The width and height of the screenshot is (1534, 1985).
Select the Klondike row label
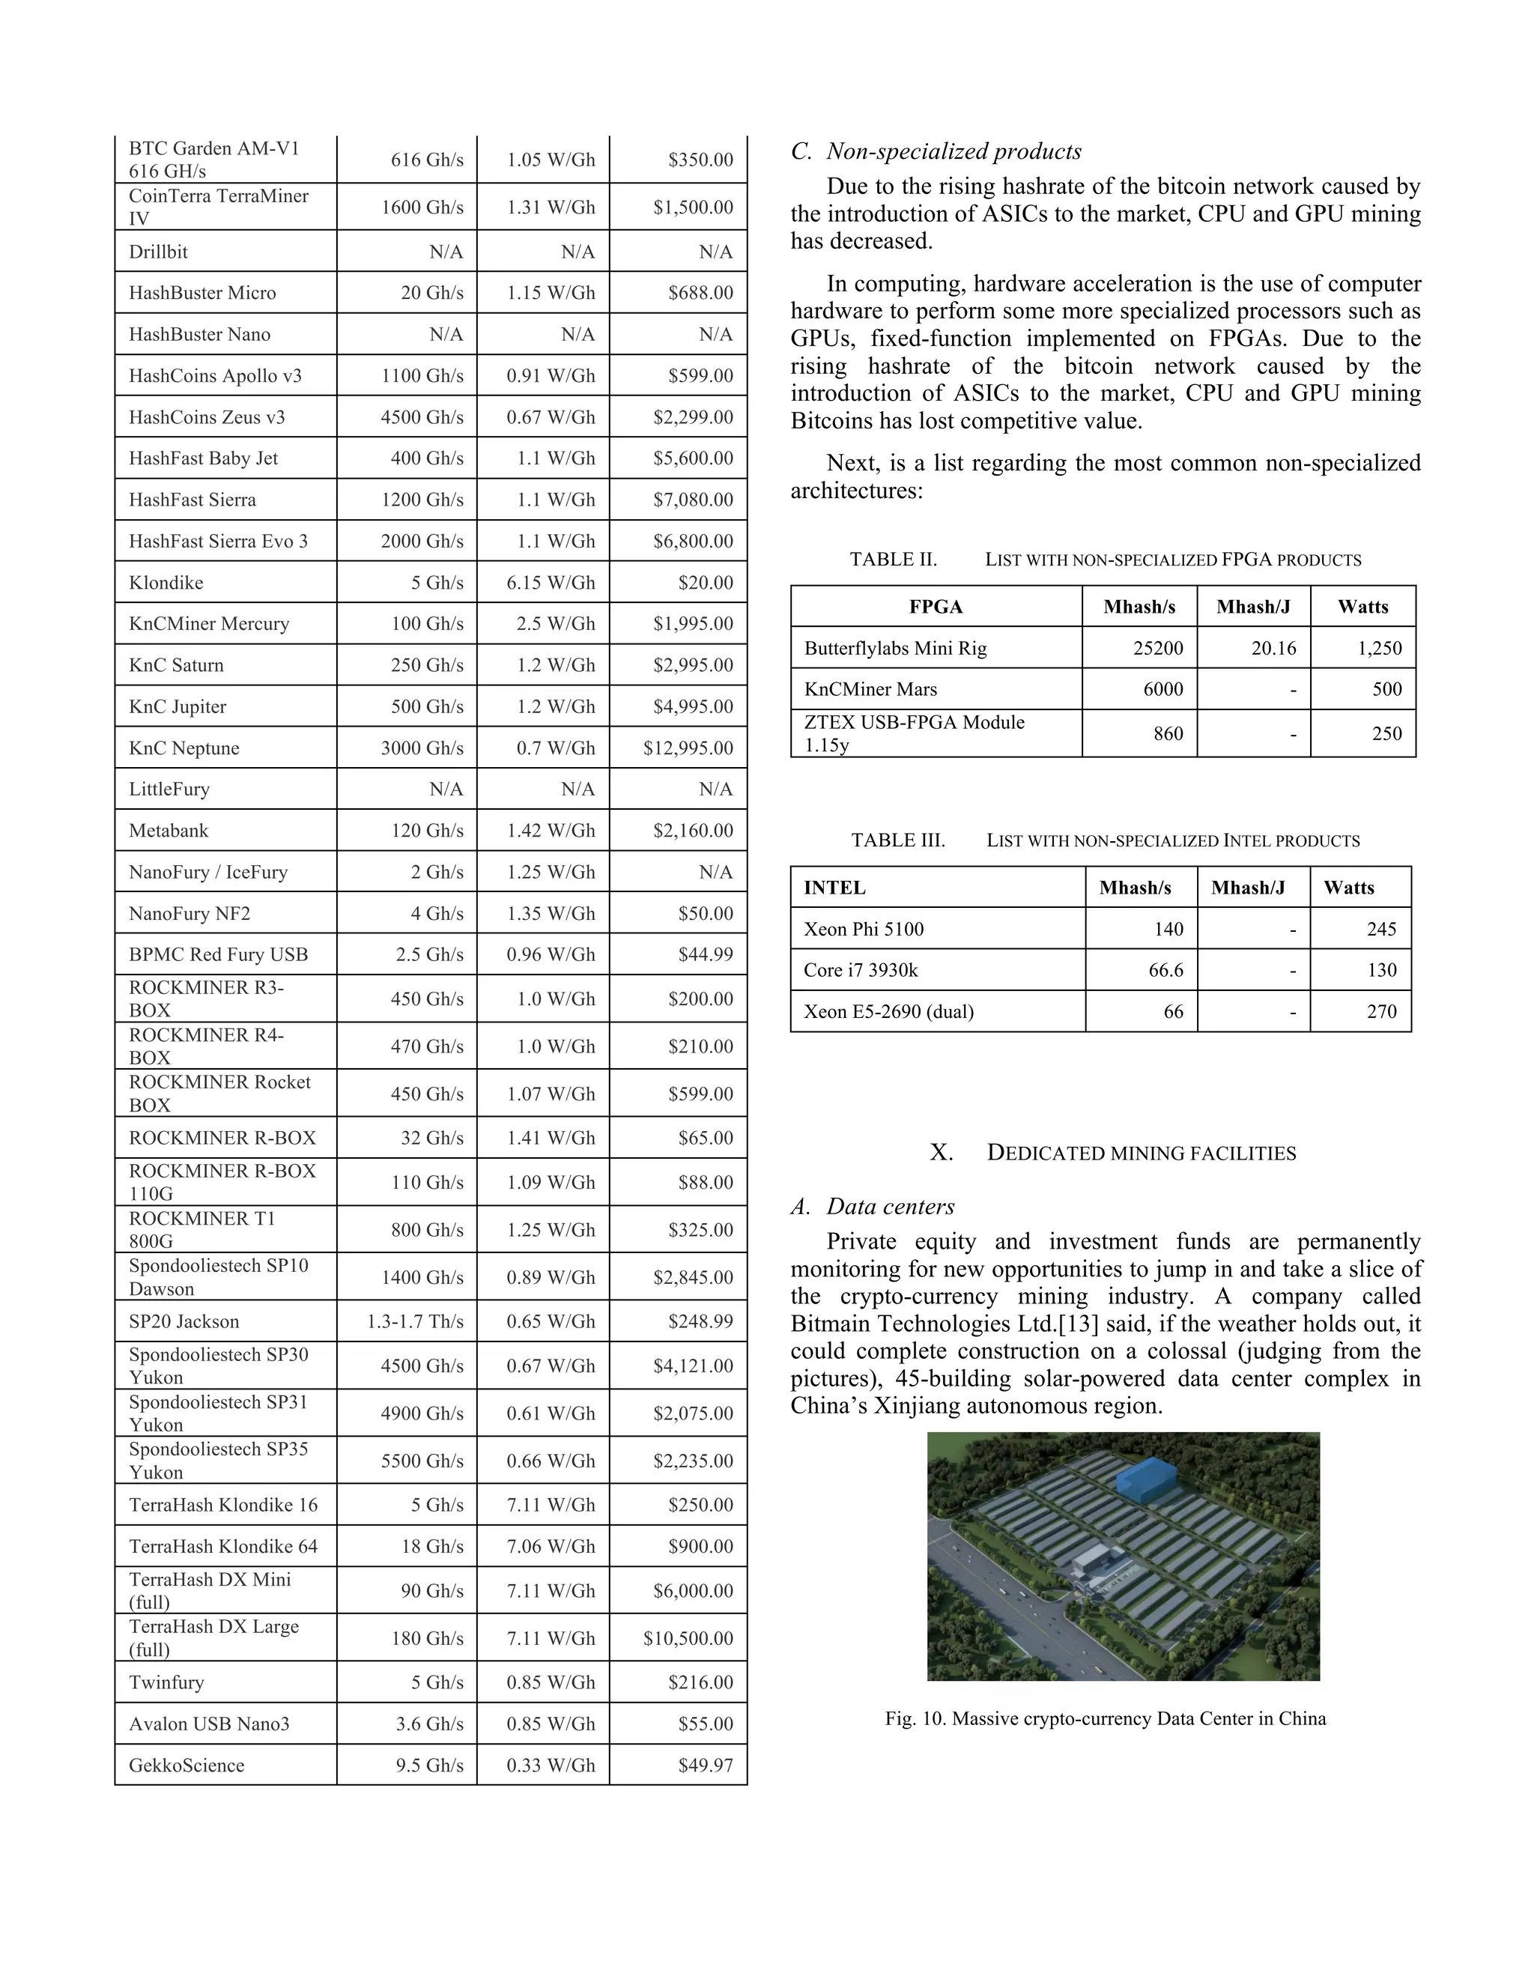[166, 583]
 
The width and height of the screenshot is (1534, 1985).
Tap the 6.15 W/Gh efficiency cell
[551, 583]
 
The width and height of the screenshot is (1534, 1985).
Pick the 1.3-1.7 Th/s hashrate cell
[415, 1321]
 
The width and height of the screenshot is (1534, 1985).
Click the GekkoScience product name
[187, 1765]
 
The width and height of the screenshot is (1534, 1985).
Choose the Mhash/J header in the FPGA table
[1253, 606]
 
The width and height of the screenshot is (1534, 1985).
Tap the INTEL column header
[834, 887]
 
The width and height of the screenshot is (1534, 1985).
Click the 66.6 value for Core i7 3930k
[1166, 970]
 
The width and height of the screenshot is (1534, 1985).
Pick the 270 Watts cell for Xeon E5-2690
[1381, 1011]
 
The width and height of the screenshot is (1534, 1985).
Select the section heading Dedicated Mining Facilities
[1141, 1153]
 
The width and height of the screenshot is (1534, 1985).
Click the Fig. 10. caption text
[1105, 1718]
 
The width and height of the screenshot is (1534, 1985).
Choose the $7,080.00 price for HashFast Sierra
[693, 500]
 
